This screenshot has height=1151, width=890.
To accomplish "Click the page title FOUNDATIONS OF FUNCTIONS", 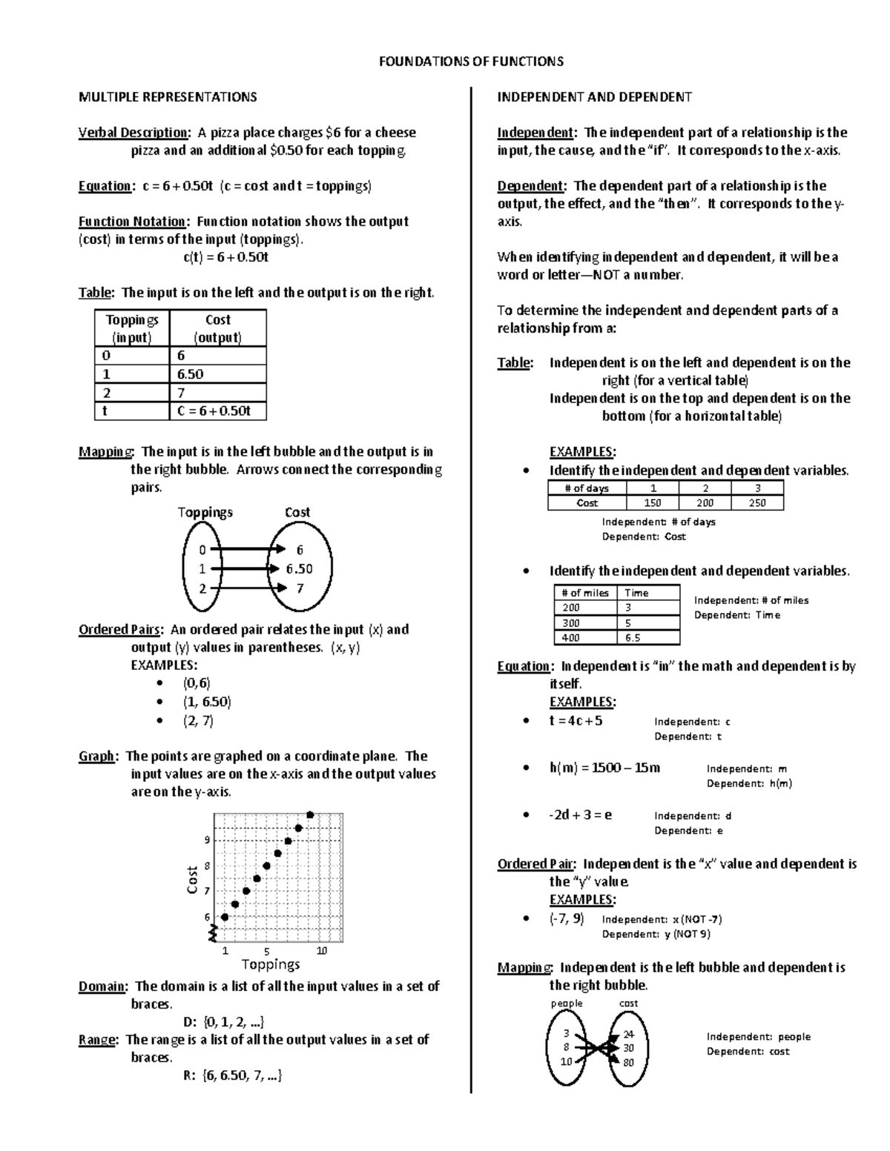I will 471,62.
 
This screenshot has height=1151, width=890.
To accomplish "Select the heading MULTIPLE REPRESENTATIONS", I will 168,97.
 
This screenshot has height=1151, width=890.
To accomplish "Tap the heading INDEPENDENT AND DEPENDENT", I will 594,97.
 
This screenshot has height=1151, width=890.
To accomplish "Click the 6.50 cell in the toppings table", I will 191,374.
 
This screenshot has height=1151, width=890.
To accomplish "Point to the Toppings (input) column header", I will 132,328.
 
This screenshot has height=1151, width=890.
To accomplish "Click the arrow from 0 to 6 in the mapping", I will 245,549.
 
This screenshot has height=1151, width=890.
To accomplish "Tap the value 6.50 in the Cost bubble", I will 300,569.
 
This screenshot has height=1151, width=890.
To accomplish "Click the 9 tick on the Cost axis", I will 208,840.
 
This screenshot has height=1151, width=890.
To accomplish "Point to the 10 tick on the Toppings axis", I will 321,950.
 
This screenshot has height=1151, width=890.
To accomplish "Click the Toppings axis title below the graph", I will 271,964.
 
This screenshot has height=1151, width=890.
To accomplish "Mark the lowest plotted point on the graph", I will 225,917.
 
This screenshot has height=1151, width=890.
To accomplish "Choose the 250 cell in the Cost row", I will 756,503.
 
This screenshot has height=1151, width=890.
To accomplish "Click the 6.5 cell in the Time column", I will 633,637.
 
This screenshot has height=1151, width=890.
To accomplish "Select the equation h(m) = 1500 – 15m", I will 604,768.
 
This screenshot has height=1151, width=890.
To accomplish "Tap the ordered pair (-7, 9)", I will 567,919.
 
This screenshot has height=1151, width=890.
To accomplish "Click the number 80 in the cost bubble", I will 628,1062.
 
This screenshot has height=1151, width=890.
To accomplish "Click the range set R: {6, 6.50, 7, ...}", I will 232,1075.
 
